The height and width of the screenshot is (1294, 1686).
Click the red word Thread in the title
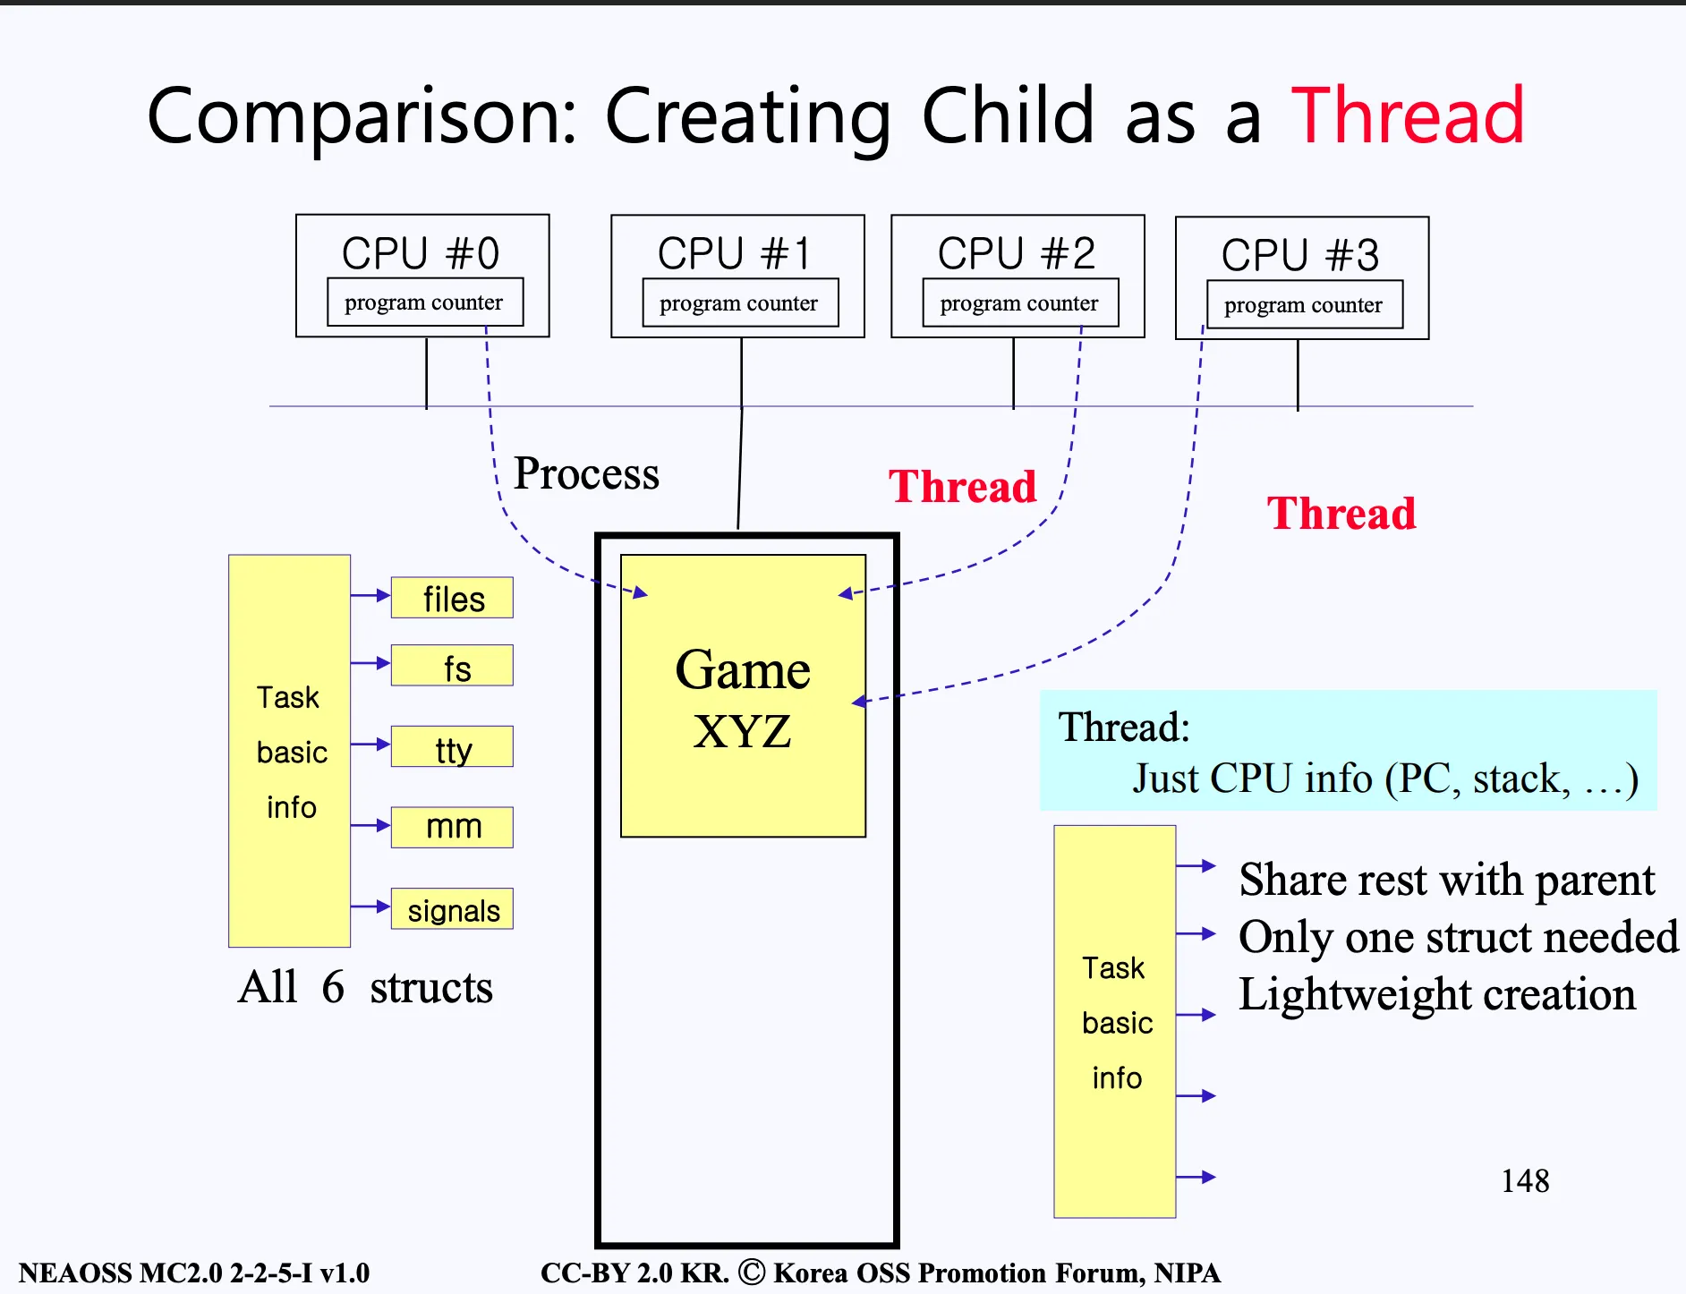[x=1407, y=116]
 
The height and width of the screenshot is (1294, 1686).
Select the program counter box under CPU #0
[x=424, y=302]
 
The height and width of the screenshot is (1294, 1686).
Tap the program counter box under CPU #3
[x=1304, y=305]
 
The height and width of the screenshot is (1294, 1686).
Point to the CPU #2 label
[x=1016, y=253]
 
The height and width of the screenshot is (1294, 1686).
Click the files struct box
[x=452, y=598]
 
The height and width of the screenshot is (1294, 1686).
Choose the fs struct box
[x=452, y=666]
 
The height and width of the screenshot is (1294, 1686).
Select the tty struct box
[x=452, y=747]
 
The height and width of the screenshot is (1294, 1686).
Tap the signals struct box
[x=452, y=909]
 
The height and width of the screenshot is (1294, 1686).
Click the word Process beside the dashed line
[x=586, y=473]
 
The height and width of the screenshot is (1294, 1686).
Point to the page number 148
[x=1525, y=1181]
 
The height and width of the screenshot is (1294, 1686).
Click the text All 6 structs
[x=365, y=987]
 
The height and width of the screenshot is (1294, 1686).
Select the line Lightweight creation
[x=1436, y=995]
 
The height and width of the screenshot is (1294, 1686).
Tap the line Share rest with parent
[x=1446, y=880]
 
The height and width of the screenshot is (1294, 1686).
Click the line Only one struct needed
[x=1458, y=937]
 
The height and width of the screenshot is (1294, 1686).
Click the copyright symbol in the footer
[x=752, y=1272]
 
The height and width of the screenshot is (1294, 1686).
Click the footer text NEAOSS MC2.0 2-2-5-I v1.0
[x=194, y=1273]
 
